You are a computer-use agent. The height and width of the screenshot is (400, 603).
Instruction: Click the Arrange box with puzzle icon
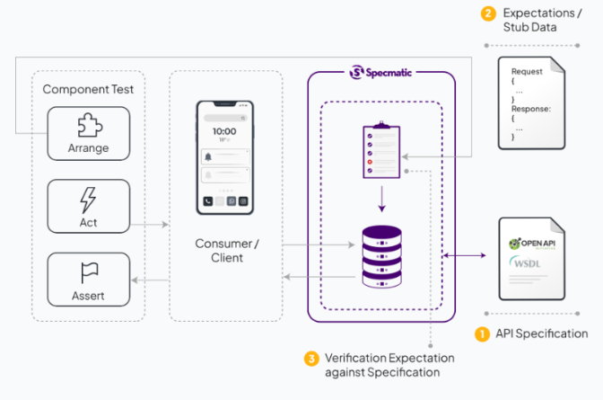click(88, 134)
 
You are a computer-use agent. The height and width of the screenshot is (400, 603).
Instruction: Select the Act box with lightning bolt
click(88, 206)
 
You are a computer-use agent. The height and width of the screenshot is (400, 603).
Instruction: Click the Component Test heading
click(87, 90)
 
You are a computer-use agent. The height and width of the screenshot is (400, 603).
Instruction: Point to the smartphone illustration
click(224, 157)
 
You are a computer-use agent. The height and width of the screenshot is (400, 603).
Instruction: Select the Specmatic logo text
click(381, 72)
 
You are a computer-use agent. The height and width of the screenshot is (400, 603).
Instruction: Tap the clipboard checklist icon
click(380, 149)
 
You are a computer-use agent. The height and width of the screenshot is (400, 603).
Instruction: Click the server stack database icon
click(380, 255)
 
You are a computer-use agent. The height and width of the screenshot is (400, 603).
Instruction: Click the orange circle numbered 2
click(488, 13)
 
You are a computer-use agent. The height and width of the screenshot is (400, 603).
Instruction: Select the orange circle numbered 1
click(482, 333)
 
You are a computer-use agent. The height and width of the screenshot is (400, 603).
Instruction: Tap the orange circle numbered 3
click(311, 359)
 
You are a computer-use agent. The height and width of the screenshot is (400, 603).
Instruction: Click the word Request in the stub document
click(527, 71)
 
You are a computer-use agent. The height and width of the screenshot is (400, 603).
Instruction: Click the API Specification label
click(541, 333)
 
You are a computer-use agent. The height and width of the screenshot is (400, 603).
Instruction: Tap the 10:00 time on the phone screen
click(224, 131)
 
